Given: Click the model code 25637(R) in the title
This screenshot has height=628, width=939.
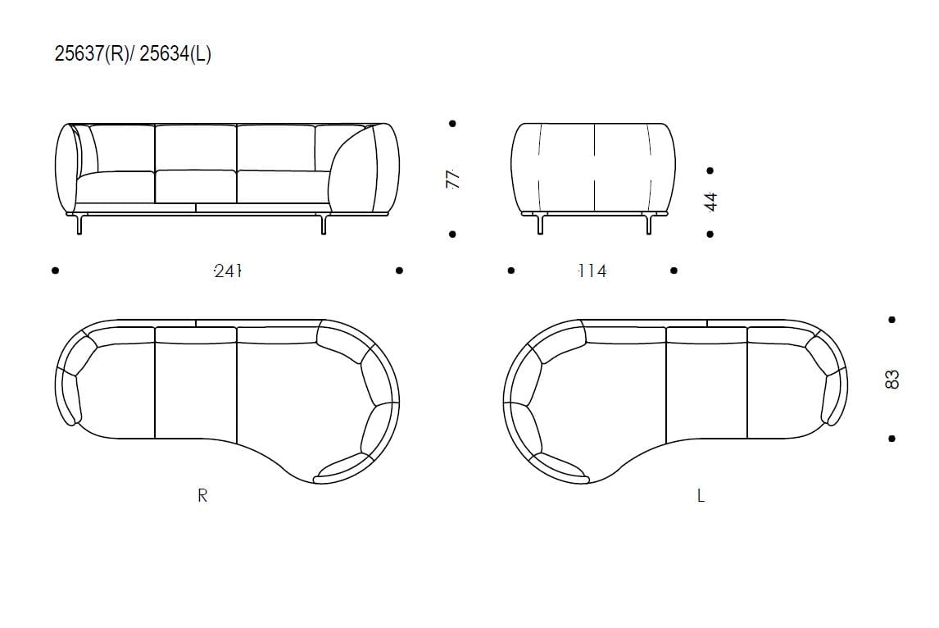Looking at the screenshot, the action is pyautogui.click(x=91, y=54).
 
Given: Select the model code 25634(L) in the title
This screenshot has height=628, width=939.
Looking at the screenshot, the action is pyautogui.click(x=175, y=54).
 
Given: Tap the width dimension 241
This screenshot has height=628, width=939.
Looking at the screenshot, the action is pyautogui.click(x=228, y=271).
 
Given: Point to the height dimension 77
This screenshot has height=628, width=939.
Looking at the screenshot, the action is pyautogui.click(x=453, y=179).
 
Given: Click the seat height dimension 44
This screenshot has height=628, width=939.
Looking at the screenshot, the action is pyautogui.click(x=711, y=202).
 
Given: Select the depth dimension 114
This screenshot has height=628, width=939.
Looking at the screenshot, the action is pyautogui.click(x=592, y=271).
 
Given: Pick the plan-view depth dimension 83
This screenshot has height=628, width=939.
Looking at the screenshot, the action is pyautogui.click(x=891, y=380).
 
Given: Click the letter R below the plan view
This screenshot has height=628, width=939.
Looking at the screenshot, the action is pyautogui.click(x=202, y=495).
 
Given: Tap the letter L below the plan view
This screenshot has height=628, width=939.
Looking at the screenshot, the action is pyautogui.click(x=701, y=495).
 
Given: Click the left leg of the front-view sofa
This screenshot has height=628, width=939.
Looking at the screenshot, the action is pyautogui.click(x=79, y=224).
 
